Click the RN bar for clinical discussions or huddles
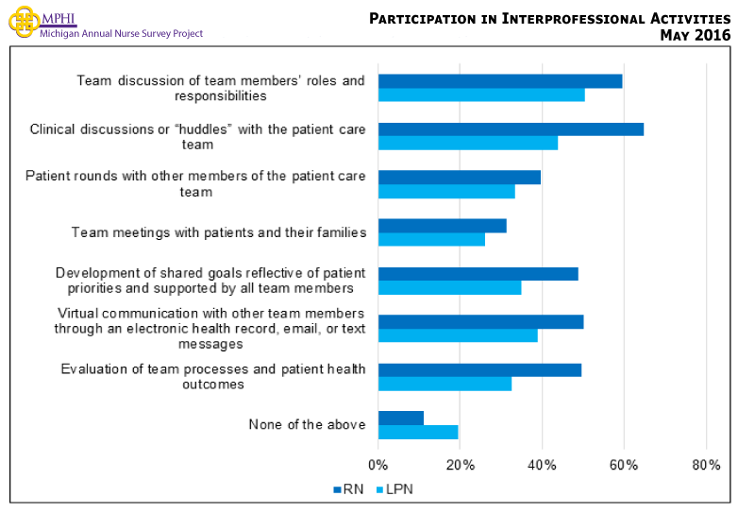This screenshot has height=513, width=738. pyautogui.click(x=511, y=129)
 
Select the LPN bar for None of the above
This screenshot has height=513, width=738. pyautogui.click(x=417, y=432)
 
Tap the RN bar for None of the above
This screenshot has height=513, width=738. pyautogui.click(x=400, y=418)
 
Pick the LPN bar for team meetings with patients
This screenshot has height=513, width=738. pyautogui.click(x=431, y=240)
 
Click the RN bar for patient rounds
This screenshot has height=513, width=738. pyautogui.click(x=459, y=178)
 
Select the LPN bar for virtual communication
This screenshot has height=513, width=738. pyautogui.click(x=457, y=335)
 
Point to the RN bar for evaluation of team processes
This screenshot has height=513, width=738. pyautogui.click(x=479, y=369)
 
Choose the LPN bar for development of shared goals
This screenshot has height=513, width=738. pyautogui.click(x=449, y=288)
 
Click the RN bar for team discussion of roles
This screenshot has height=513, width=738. pyautogui.click(x=500, y=81)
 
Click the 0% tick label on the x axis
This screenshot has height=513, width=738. pyautogui.click(x=377, y=465)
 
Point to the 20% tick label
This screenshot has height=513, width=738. pyautogui.click(x=460, y=465)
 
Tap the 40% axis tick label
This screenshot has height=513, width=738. pyautogui.click(x=542, y=465)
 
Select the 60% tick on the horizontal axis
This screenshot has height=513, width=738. pyautogui.click(x=624, y=465)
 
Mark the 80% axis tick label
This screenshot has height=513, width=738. pyautogui.click(x=706, y=465)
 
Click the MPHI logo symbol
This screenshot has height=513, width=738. pyautogui.click(x=23, y=21)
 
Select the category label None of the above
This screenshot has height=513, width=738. pyautogui.click(x=307, y=425)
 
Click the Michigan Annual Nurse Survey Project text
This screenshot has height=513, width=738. pyautogui.click(x=121, y=34)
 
